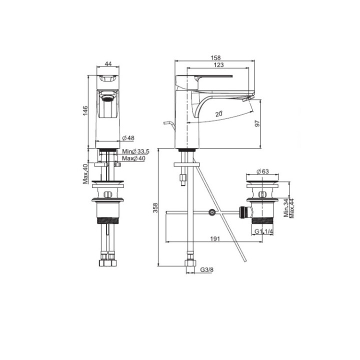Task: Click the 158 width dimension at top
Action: [x=216, y=57]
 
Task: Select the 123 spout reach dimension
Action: [x=217, y=65]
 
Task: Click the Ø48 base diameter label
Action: [x=128, y=138]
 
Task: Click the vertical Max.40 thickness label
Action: [x=85, y=173]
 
